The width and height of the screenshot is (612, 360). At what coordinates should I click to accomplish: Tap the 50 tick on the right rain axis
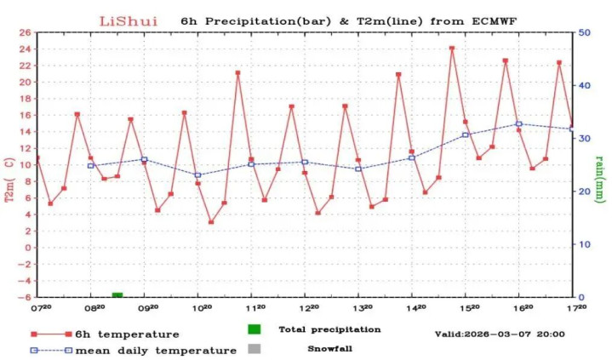click(x=586, y=32)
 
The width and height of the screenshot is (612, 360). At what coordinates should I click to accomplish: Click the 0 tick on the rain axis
click(x=582, y=297)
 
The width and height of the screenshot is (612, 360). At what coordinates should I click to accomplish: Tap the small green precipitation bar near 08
click(x=117, y=294)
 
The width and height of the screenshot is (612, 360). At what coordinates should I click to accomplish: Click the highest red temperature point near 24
click(x=452, y=49)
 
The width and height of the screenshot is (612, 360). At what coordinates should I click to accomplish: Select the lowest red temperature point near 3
click(x=211, y=222)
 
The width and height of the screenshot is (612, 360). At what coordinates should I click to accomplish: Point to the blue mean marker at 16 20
click(x=518, y=124)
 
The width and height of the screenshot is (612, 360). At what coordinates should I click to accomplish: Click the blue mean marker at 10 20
click(x=197, y=175)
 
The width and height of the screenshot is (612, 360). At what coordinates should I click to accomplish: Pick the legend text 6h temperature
click(x=127, y=334)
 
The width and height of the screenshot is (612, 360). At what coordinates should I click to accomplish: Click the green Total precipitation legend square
click(x=254, y=329)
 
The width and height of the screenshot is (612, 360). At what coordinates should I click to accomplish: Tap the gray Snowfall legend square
click(x=254, y=348)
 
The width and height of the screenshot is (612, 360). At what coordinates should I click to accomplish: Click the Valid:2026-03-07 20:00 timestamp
click(x=499, y=334)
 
